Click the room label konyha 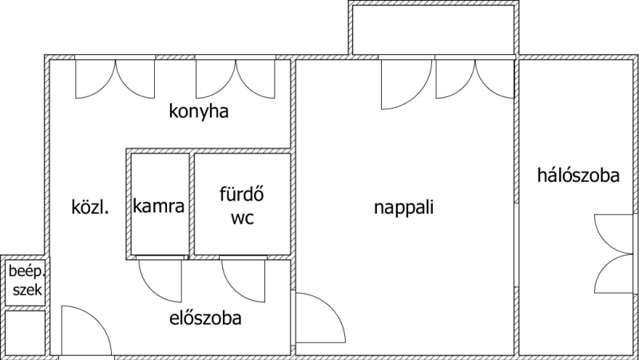point(199,112)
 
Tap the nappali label point(403,208)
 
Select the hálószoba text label point(578,176)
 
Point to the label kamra point(159,207)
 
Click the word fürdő point(241,194)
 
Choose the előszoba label point(205,318)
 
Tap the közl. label point(90,207)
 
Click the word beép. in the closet point(25,271)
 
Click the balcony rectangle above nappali point(431,30)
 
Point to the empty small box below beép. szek point(25,332)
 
